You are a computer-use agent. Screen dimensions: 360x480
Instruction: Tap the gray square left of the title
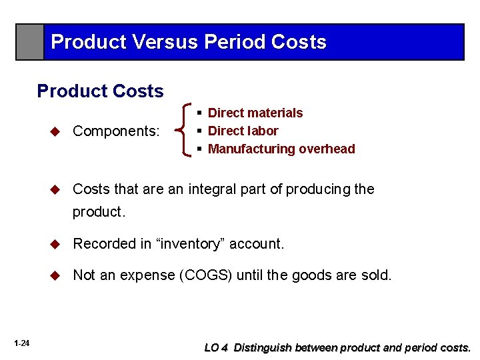tap(30, 42)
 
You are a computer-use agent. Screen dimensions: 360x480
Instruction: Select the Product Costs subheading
tap(100, 91)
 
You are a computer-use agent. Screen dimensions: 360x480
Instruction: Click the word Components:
tap(117, 131)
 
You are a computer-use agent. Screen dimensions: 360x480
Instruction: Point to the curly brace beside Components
tap(184, 131)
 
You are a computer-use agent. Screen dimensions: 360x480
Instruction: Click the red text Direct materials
tap(255, 113)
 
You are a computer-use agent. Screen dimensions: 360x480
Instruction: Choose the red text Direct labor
tap(243, 131)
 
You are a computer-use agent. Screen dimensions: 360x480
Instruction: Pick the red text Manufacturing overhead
tap(281, 149)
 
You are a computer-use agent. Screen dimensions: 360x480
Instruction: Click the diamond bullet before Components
tap(56, 131)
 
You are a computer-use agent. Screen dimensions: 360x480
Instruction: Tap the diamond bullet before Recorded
tap(56, 244)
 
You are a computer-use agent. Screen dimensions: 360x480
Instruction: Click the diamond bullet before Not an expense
tap(56, 275)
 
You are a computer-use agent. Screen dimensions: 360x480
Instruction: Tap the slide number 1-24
tap(21, 343)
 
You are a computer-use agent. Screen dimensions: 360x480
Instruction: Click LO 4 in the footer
tap(217, 347)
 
